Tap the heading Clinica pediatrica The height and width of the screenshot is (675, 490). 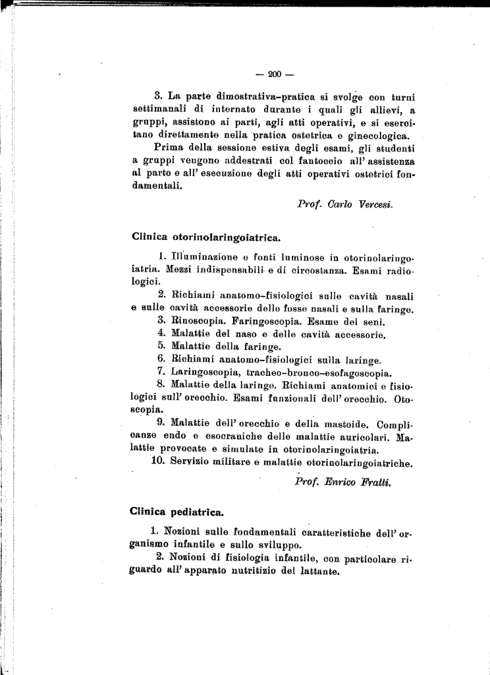point(177,510)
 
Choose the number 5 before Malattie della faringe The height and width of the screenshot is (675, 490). point(161,346)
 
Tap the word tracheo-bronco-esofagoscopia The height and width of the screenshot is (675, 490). point(319,371)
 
